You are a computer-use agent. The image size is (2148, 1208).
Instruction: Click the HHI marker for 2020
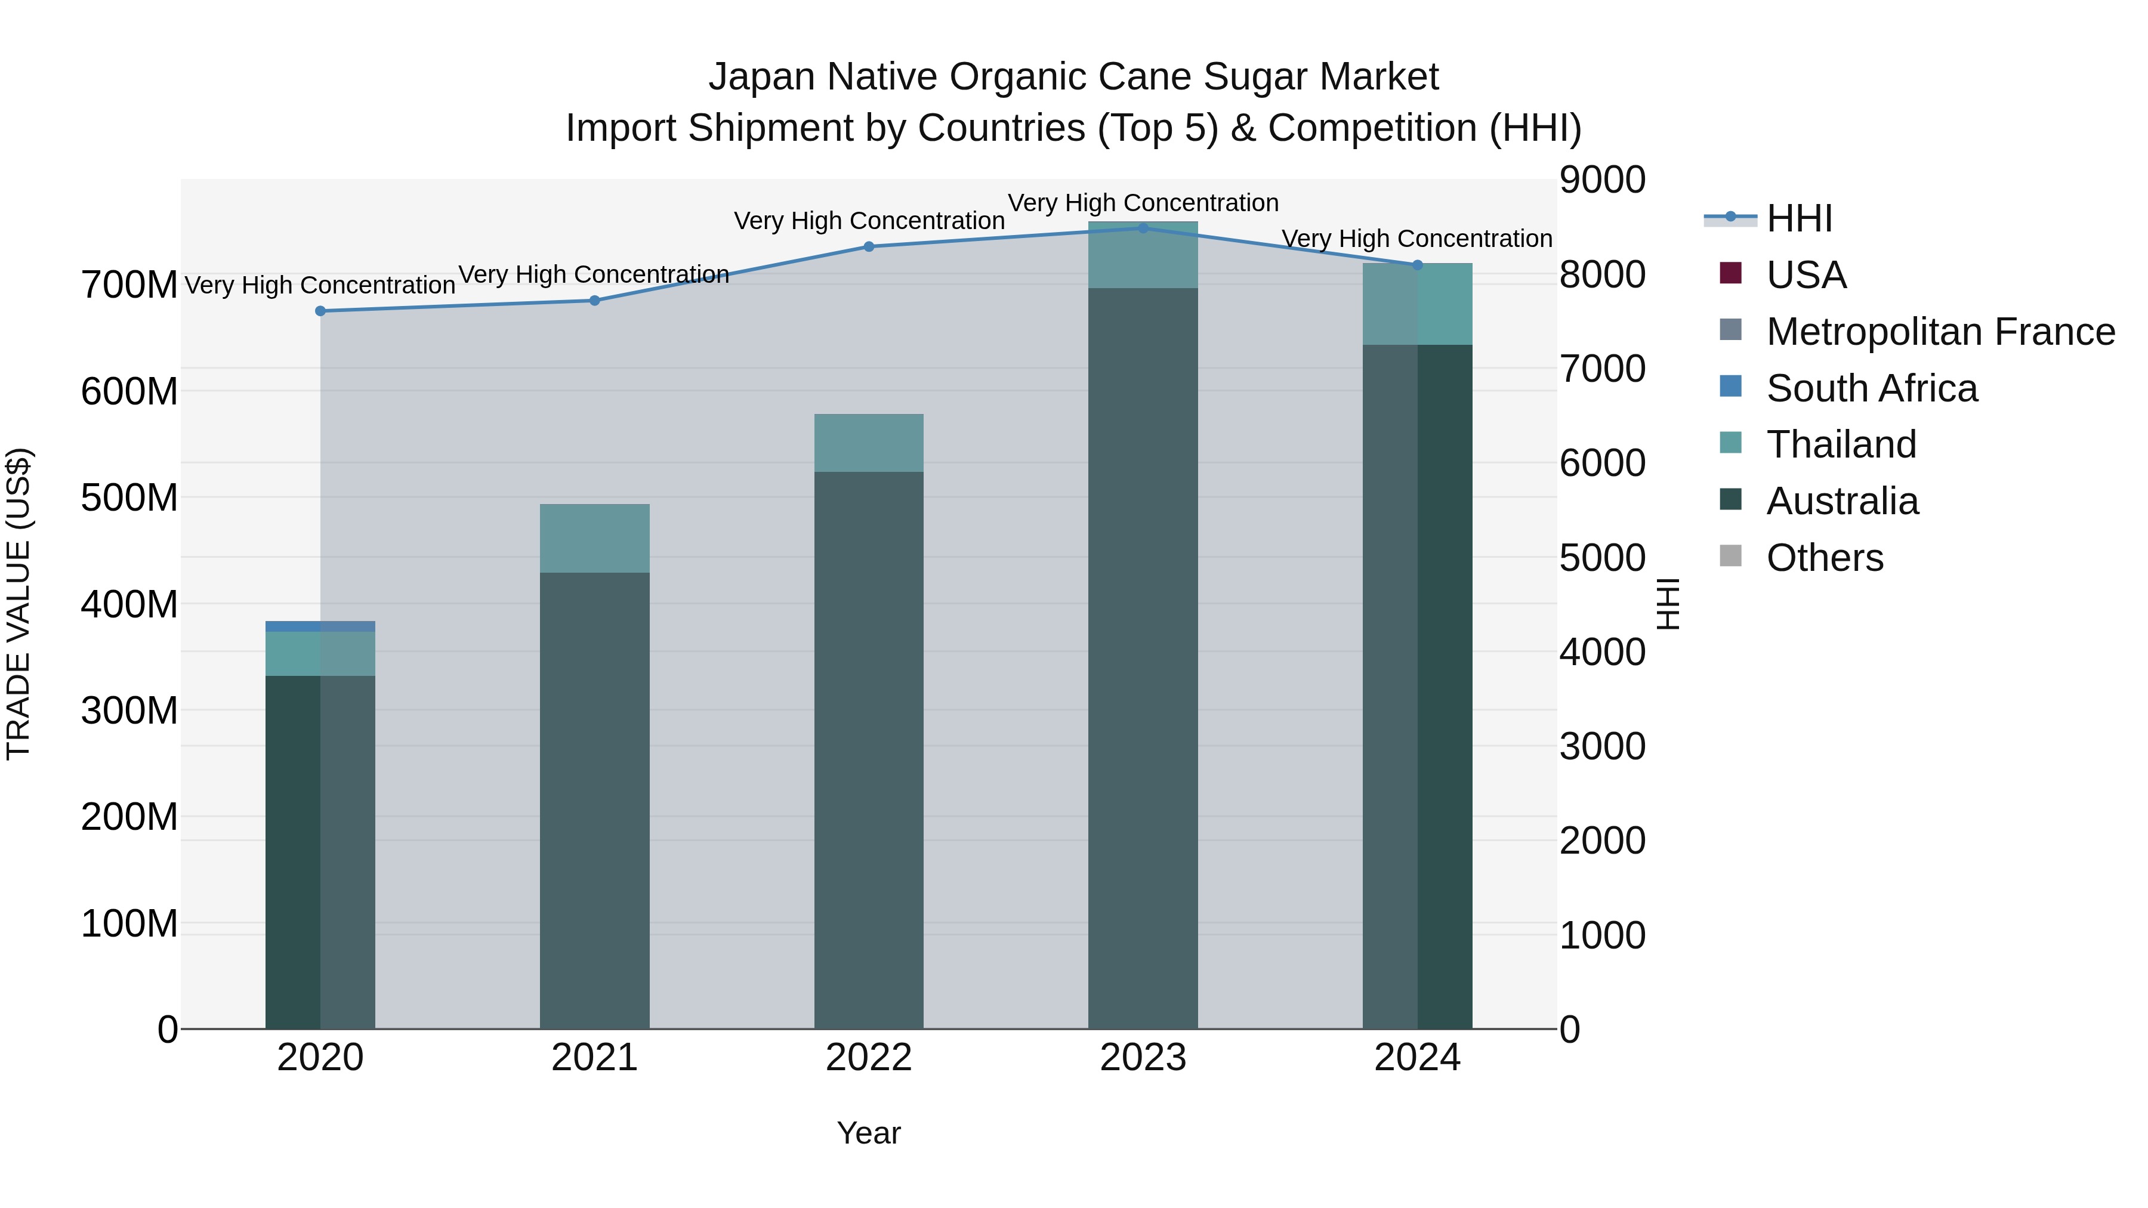pos(320,311)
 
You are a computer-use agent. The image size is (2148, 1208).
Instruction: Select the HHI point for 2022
pos(869,247)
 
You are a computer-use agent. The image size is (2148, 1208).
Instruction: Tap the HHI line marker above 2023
pos(1143,228)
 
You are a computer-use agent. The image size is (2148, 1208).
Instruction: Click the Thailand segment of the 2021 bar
pos(594,537)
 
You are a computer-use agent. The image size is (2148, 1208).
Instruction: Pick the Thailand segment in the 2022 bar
pos(869,443)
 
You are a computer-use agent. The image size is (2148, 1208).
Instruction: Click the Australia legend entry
pos(1842,501)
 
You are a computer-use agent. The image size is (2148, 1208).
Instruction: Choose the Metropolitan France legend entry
pos(1940,332)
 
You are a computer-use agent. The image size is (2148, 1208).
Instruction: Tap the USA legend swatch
pos(1731,273)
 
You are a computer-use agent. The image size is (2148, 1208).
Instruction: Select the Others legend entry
pos(1825,558)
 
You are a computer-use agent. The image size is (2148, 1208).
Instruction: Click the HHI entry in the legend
pos(1800,218)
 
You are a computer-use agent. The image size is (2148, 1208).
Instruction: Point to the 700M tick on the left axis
pos(128,285)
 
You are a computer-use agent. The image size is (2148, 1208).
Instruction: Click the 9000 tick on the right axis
pos(1602,180)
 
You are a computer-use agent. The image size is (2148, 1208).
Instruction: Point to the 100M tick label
pos(128,923)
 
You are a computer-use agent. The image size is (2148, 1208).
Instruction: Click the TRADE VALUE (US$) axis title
pos(18,604)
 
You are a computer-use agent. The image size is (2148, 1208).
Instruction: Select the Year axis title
pos(869,1133)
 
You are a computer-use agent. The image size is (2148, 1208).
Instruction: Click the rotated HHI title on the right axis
pos(1667,604)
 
